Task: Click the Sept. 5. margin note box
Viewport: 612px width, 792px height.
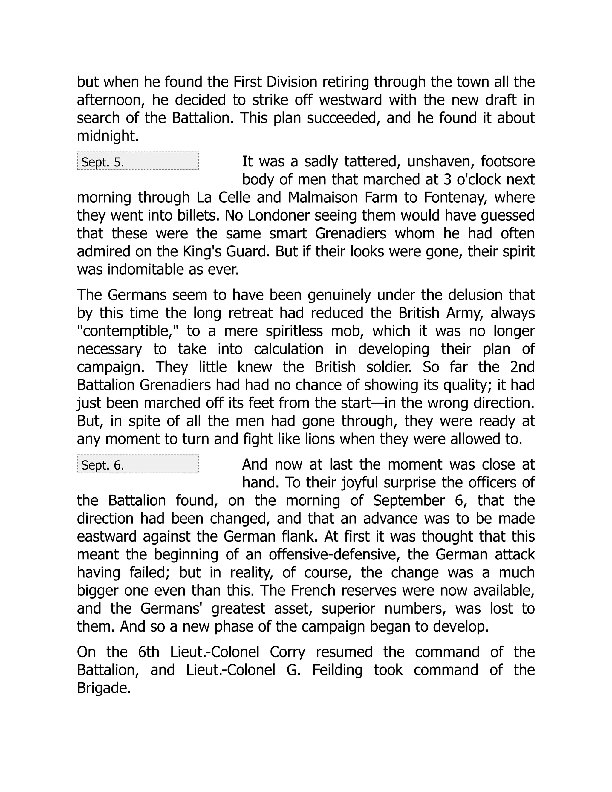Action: [x=138, y=161]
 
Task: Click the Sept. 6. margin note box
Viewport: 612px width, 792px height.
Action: [x=138, y=464]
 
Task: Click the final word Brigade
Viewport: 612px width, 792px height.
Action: [x=104, y=688]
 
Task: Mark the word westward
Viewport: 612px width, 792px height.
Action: [x=351, y=100]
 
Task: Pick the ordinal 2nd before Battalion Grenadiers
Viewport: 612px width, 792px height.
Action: [x=522, y=367]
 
